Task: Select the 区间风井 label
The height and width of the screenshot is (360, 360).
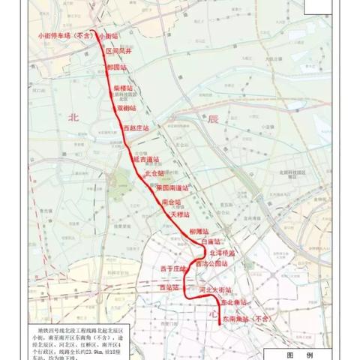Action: (118, 50)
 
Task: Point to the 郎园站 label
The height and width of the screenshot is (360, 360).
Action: (118, 67)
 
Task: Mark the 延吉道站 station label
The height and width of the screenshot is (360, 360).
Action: (147, 159)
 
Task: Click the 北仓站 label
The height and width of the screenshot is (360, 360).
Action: (154, 173)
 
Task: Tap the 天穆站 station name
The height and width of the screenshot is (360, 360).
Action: (181, 214)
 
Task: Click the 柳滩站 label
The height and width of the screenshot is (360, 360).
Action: (199, 232)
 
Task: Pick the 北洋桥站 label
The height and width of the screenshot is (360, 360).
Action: (223, 253)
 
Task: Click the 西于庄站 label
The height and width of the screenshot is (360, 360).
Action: (172, 268)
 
